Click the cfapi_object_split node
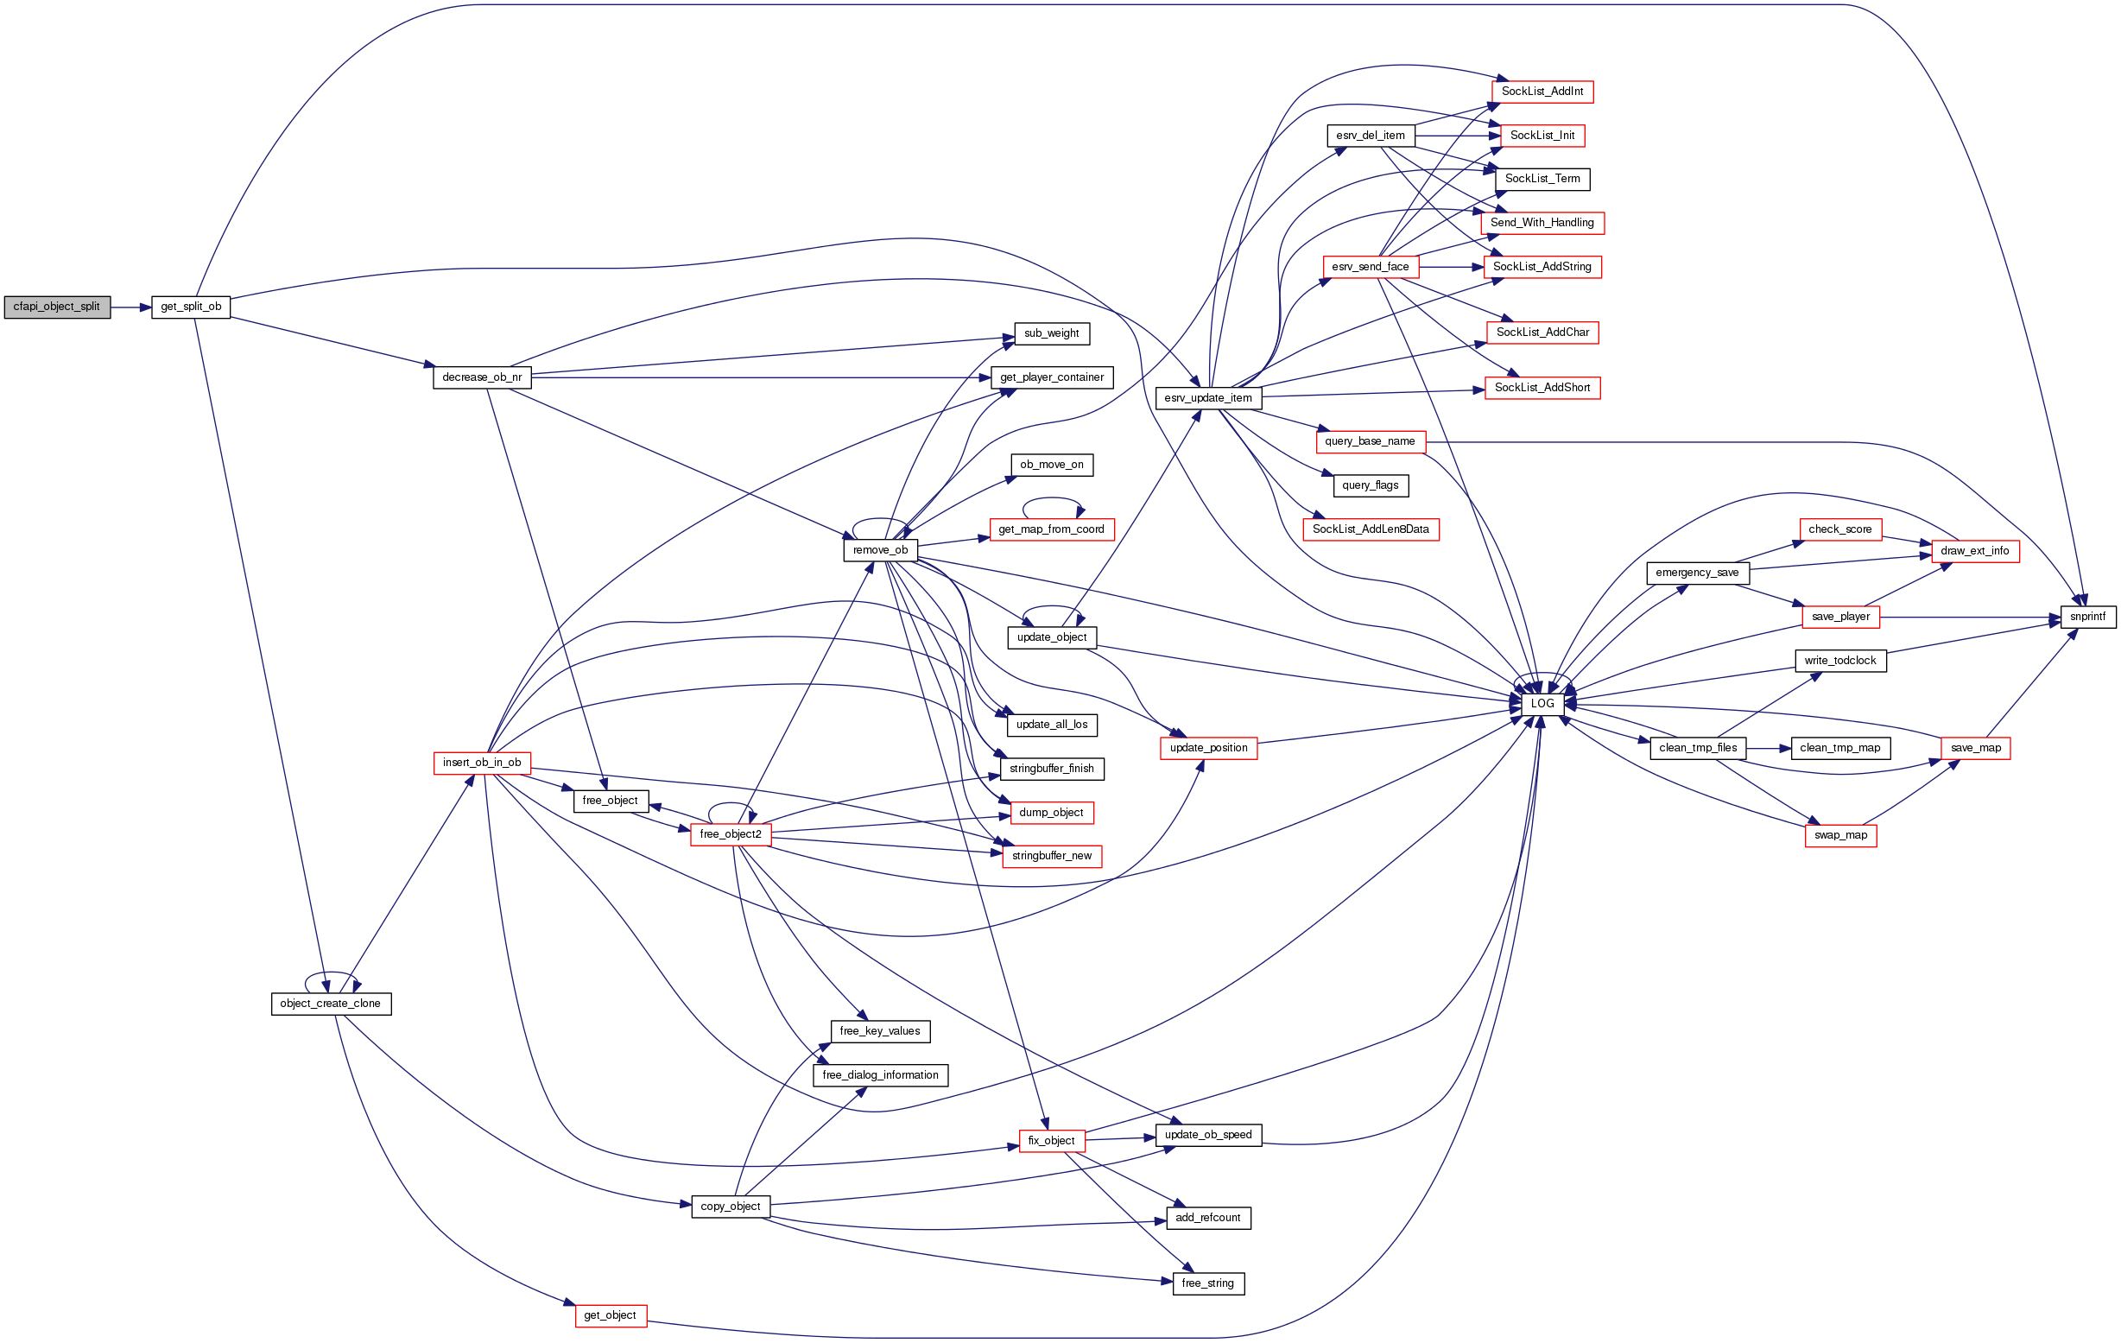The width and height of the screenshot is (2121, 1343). click(x=57, y=307)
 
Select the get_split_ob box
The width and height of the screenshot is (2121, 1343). click(x=190, y=307)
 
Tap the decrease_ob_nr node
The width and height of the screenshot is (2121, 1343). click(x=482, y=377)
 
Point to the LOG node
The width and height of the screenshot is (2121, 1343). click(x=1542, y=704)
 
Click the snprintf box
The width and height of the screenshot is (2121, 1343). click(x=2087, y=618)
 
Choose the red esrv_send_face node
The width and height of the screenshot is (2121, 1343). click(x=1370, y=267)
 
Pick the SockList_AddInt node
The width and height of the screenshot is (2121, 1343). click(x=1542, y=92)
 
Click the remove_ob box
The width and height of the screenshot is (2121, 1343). click(x=880, y=550)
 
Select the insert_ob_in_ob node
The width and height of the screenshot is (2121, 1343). click(x=482, y=763)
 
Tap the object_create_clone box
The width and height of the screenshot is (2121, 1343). click(x=330, y=1004)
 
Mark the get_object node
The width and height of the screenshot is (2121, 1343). click(x=611, y=1315)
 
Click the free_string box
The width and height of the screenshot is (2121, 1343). click(x=1207, y=1284)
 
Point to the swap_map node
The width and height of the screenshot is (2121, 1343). click(x=1840, y=836)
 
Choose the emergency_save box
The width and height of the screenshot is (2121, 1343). click(x=1696, y=573)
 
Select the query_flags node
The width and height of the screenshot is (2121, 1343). click(x=1370, y=485)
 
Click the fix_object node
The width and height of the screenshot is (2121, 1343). click(x=1051, y=1141)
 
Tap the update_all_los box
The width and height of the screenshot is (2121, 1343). click(x=1051, y=725)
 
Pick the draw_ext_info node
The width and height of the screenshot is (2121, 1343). click(x=1975, y=551)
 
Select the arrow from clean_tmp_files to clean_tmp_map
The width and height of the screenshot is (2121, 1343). click(x=1768, y=749)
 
